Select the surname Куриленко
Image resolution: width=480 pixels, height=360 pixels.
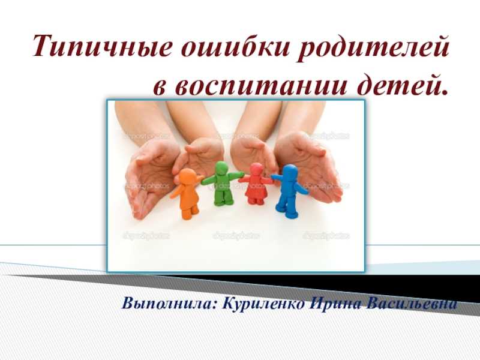coord(264,304)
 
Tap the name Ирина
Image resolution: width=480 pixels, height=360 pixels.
coord(336,304)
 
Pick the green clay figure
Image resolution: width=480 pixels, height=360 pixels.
coord(223,184)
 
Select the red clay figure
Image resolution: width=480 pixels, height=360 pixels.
coord(257,184)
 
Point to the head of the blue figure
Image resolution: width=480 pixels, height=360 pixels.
coord(290,172)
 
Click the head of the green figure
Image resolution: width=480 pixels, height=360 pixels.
coord(222,169)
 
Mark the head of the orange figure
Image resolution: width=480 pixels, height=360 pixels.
coord(187,176)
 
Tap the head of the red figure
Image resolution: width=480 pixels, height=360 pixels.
coord(257,170)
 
